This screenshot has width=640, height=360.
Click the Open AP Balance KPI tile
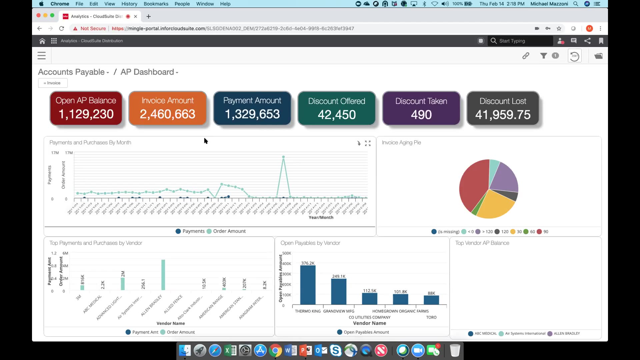[x=86, y=108]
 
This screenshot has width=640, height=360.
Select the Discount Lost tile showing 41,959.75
[x=503, y=108]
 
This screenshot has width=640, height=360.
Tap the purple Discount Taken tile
[x=421, y=108]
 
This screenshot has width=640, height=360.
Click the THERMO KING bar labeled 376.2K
[x=308, y=285]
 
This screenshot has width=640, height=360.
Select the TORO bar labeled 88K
[x=431, y=300]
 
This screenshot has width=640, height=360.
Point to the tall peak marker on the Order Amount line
[x=283, y=157]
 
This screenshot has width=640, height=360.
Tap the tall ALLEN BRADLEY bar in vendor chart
[x=163, y=275]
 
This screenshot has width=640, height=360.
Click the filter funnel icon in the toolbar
[x=543, y=56]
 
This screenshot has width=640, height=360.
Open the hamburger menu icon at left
[x=42, y=56]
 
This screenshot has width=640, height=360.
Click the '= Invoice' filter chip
[x=53, y=83]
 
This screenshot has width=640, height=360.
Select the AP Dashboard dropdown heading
[x=149, y=72]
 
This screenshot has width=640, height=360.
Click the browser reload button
[x=61, y=29]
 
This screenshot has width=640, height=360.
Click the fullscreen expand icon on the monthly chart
[x=368, y=143]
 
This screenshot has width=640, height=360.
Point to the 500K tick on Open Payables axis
[x=286, y=253]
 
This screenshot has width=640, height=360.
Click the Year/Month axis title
[x=321, y=218]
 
